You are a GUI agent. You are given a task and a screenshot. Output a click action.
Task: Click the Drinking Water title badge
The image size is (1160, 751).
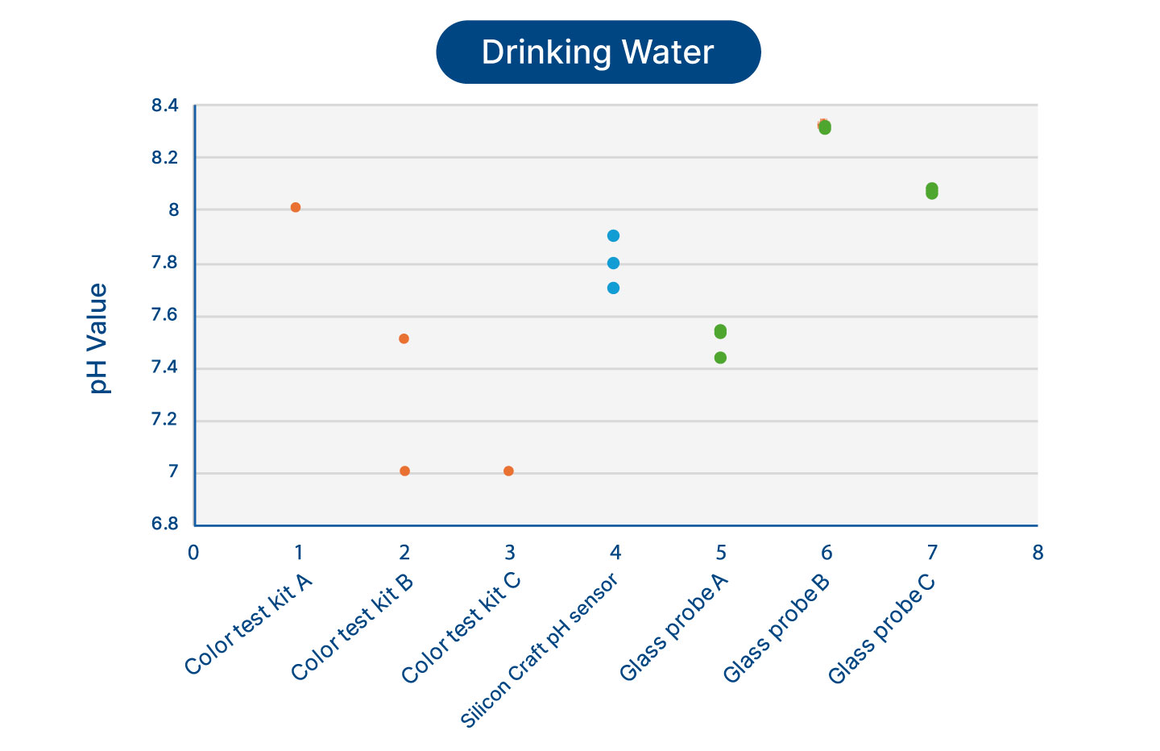point(598,52)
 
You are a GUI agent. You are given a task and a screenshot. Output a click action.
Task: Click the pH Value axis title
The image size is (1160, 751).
point(98,338)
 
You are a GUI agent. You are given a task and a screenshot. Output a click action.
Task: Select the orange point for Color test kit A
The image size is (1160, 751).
point(296,207)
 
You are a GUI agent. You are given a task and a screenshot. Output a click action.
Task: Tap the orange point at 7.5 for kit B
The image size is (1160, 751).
point(404,338)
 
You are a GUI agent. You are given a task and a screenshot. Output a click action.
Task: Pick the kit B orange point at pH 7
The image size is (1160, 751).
point(404,471)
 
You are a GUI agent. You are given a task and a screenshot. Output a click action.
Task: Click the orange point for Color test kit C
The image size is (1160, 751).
point(508,471)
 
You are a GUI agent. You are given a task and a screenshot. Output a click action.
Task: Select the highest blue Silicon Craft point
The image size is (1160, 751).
point(613,235)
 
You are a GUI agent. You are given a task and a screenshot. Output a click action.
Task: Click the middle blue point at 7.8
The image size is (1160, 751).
point(613,263)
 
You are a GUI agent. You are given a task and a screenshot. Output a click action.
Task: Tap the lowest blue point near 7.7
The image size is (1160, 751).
point(613,288)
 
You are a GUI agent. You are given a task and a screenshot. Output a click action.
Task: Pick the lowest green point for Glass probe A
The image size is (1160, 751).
point(720,358)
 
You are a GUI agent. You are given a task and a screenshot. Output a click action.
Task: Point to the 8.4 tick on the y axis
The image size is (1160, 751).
point(164,106)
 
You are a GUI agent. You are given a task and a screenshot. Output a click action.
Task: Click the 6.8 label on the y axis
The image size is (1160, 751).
point(164,525)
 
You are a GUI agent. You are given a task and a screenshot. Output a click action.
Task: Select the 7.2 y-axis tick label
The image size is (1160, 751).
point(164,420)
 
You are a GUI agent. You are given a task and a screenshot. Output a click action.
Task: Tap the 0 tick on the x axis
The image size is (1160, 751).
point(193,553)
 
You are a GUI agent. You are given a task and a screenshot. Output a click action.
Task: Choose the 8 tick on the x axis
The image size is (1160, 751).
point(1038,553)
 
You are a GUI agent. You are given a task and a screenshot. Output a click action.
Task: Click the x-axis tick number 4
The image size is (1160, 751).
point(615,553)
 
